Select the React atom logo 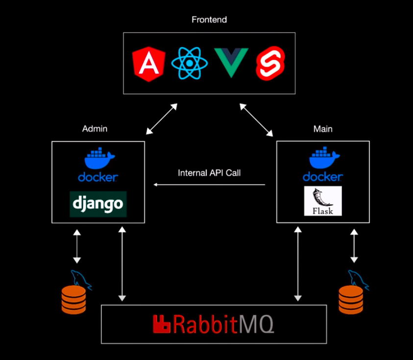click(x=189, y=64)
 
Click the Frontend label click(x=209, y=20)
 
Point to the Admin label click(x=95, y=129)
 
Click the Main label click(x=322, y=129)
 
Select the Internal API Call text click(x=209, y=173)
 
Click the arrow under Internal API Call click(x=209, y=185)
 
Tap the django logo click(x=98, y=204)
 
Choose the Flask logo click(x=322, y=201)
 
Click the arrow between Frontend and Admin click(x=162, y=119)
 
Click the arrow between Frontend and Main click(x=256, y=119)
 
